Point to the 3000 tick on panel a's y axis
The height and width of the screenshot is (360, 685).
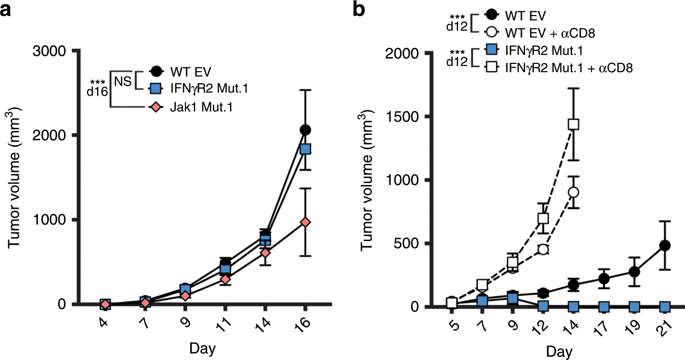pyautogui.click(x=53, y=51)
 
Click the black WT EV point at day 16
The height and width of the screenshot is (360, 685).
pyautogui.click(x=305, y=129)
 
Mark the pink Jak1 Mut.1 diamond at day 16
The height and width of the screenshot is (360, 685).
pyautogui.click(x=305, y=222)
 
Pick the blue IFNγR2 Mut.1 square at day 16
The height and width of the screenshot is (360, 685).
pyautogui.click(x=305, y=149)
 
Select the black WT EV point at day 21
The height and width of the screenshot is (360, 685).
pyautogui.click(x=664, y=245)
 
